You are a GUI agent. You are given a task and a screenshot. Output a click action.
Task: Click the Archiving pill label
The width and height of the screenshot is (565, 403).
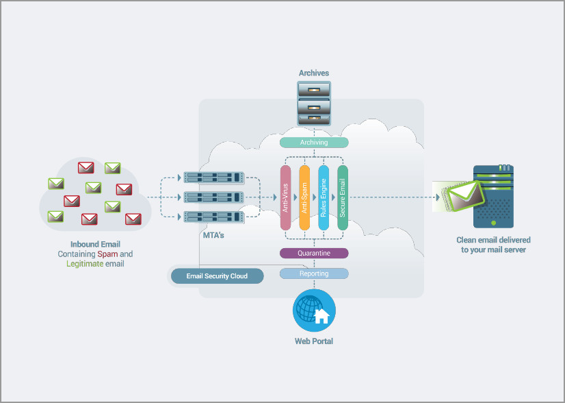pos(314,143)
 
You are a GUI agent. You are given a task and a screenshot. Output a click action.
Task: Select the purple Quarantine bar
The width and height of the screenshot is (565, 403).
pos(314,253)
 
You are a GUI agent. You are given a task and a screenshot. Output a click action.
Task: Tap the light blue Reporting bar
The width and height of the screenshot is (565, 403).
pos(314,273)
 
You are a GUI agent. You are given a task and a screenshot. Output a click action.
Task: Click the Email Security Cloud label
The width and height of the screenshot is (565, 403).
pos(217,276)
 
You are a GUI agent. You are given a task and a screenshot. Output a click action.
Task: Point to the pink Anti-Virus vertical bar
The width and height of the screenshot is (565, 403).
pos(287,198)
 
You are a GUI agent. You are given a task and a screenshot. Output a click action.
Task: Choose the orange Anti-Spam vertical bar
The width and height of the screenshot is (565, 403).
pos(305,198)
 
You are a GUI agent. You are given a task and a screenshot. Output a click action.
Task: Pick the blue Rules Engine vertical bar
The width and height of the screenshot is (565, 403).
pos(324,198)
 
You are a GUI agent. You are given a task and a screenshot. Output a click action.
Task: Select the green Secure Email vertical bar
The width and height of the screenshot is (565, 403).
pos(343,198)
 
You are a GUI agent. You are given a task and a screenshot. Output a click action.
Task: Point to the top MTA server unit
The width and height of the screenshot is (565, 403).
pos(215,178)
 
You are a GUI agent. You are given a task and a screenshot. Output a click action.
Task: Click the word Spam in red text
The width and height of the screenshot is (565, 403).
pos(107,254)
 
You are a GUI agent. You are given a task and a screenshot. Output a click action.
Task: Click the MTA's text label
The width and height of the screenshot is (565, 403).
pos(214,235)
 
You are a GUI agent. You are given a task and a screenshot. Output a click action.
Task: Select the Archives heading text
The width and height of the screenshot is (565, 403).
pos(314,73)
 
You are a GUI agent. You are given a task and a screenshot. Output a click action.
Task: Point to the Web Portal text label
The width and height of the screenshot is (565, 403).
pos(314,341)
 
